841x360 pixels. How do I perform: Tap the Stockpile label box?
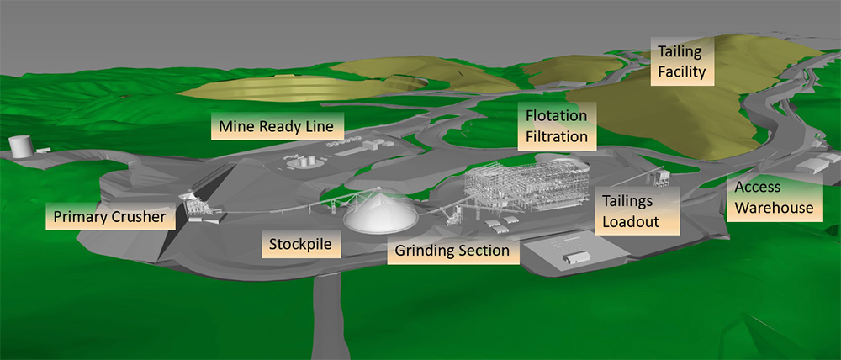[x=299, y=246]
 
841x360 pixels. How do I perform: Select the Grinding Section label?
[x=452, y=251]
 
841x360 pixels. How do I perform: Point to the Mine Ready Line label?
[x=277, y=127]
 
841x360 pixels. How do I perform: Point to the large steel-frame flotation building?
[x=521, y=189]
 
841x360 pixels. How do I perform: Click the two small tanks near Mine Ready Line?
[x=313, y=158]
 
